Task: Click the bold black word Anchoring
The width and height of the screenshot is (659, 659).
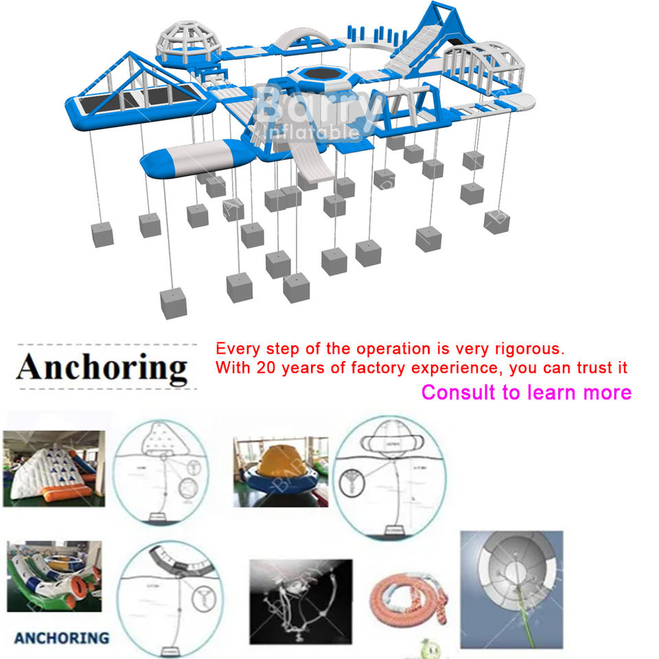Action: tap(102, 367)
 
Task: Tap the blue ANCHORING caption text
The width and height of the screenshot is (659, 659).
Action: tap(61, 638)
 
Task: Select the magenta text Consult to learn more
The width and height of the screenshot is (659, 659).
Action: tap(526, 393)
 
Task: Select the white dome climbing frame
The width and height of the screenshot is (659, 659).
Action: tap(185, 43)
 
